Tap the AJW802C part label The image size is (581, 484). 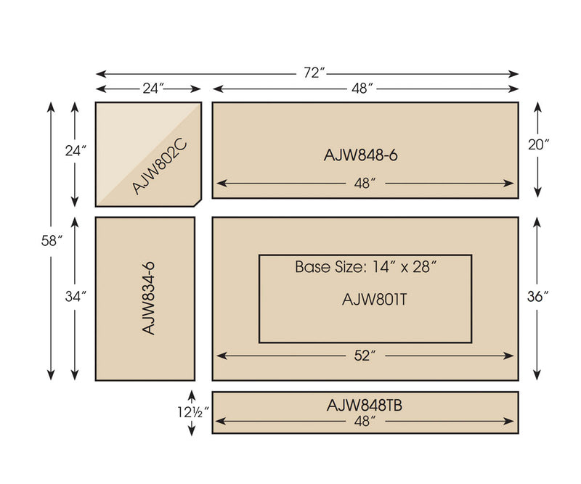161,167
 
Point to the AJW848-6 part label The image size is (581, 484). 361,155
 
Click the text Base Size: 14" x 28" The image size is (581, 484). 365,266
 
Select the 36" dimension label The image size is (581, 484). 537,296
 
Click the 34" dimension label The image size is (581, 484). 76,296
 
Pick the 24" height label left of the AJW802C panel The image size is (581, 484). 76,151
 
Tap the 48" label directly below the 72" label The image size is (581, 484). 361,89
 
